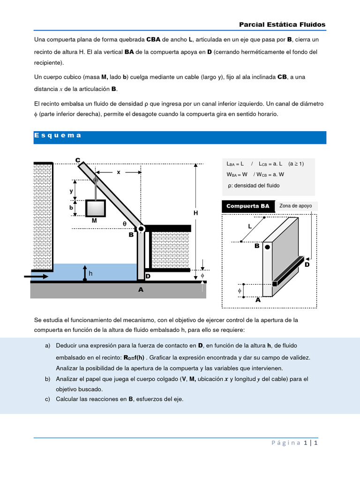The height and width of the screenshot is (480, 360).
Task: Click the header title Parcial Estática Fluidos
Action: pyautogui.click(x=282, y=24)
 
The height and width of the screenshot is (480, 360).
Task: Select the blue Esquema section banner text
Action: pyautogui.click(x=58, y=135)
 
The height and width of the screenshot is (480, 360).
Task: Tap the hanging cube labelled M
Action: pyautogui.click(x=95, y=208)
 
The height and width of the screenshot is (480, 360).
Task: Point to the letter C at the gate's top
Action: pyautogui.click(x=78, y=160)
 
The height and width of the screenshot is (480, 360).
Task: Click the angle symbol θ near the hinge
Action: pyautogui.click(x=125, y=224)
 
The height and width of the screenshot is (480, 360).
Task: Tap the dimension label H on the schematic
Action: pyautogui.click(x=196, y=213)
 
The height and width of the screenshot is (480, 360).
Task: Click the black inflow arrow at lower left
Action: pyautogui.click(x=36, y=277)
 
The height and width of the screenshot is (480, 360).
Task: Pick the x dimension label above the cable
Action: pyautogui.click(x=119, y=172)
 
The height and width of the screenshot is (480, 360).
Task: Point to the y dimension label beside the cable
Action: pyautogui.click(x=72, y=191)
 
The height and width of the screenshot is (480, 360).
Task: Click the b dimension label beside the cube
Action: pyautogui.click(x=72, y=207)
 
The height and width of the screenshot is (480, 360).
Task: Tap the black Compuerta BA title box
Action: pyautogui.click(x=247, y=206)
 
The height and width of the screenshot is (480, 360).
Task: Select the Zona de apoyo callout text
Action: pyautogui.click(x=295, y=205)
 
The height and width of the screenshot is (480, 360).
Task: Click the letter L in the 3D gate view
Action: pyautogui.click(x=250, y=226)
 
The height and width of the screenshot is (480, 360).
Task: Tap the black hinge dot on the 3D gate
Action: pyautogui.click(x=267, y=247)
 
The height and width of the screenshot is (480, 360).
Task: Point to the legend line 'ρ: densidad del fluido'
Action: pyautogui.click(x=253, y=186)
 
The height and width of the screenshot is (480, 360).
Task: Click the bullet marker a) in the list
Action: pyautogui.click(x=47, y=345)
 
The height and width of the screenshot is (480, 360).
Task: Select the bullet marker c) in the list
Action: pyautogui.click(x=47, y=399)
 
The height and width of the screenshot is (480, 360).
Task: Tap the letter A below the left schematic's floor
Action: pyautogui.click(x=141, y=290)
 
